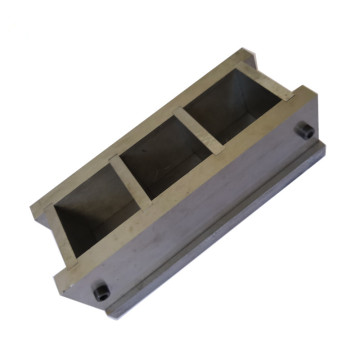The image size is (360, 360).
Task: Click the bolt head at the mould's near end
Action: point(100,291)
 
